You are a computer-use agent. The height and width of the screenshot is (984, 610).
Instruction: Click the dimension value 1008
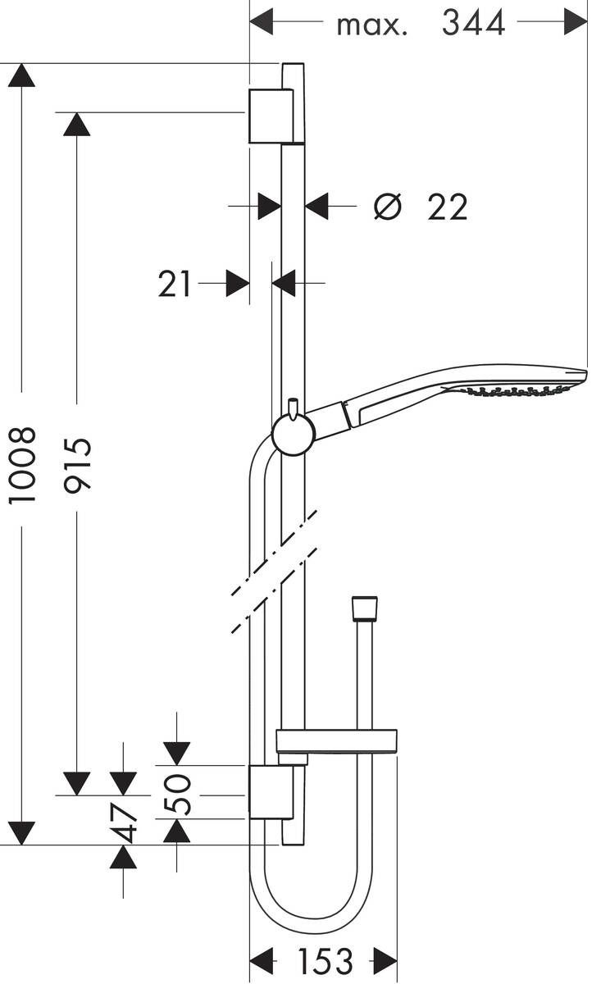click(23, 465)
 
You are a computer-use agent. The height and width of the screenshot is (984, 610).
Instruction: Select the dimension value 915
click(79, 465)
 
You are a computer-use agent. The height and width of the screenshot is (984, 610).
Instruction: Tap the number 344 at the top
click(473, 23)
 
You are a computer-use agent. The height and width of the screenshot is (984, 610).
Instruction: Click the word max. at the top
click(371, 25)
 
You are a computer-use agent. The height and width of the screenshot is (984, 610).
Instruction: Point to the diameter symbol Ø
click(387, 207)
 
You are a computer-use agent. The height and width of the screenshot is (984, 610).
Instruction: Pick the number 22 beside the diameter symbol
click(447, 207)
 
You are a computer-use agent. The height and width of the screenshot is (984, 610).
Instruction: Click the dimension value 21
click(175, 285)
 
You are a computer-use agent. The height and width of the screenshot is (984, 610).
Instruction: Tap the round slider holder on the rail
click(292, 434)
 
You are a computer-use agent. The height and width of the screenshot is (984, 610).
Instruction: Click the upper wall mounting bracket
click(270, 116)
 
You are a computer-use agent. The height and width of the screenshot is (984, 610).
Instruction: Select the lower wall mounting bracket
click(270, 793)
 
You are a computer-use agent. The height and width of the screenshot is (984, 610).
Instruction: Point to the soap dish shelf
click(336, 740)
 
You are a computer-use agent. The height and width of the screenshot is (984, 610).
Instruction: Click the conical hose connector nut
click(364, 608)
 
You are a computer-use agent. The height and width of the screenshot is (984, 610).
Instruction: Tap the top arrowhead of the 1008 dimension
click(21, 75)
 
